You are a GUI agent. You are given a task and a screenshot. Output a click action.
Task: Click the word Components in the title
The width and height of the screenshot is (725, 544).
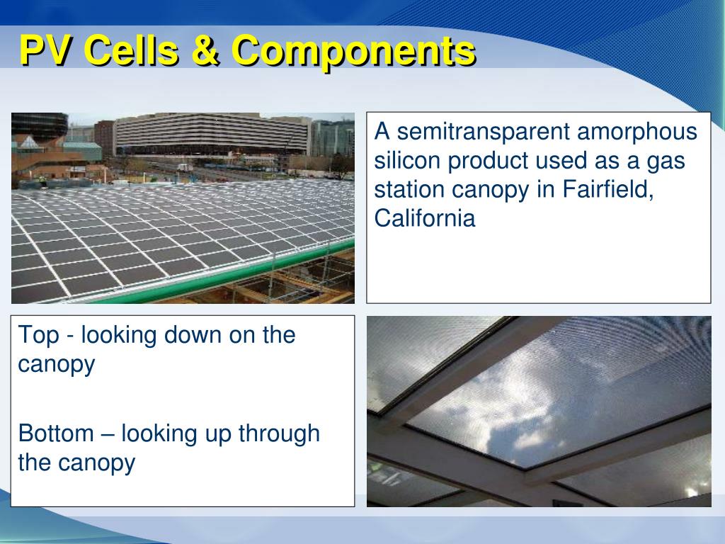pos(354,52)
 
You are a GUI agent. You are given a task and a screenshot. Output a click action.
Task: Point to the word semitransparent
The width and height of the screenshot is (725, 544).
pos(483,131)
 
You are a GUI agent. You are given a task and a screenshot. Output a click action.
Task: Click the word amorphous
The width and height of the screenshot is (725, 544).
pos(636,131)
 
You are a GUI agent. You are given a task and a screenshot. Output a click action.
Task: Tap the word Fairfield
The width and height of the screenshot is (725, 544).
pos(607,188)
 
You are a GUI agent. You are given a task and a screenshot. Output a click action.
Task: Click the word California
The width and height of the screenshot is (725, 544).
pos(425,217)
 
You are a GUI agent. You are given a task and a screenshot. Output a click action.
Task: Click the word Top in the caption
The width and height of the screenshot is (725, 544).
pos(38,335)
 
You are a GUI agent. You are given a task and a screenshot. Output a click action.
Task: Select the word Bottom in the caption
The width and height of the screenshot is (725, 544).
pos(56,433)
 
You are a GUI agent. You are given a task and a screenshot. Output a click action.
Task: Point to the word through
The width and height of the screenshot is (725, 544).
pos(279,434)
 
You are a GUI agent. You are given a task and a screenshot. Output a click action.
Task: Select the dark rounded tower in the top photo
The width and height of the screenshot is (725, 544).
pos(40,127)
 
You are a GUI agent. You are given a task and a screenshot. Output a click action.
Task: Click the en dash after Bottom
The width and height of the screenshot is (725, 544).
pos(108,435)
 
